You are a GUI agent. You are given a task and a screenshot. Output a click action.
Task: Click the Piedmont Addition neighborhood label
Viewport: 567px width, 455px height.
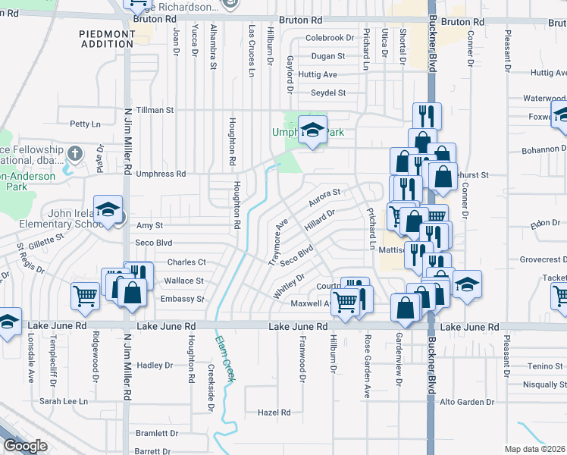pos(106,38)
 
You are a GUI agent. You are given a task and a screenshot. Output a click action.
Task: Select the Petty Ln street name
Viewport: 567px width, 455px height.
pos(85,124)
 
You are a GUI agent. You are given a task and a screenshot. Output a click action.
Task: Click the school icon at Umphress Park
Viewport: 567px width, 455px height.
pos(312,130)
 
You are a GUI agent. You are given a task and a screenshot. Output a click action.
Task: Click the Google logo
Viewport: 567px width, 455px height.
pos(26,446)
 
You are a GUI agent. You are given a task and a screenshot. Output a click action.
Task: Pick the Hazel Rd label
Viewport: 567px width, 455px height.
pos(274,413)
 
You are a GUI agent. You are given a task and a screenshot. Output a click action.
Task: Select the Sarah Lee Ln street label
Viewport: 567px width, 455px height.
pos(64,401)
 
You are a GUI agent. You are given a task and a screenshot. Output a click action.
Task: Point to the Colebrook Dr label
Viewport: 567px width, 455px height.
pos(330,37)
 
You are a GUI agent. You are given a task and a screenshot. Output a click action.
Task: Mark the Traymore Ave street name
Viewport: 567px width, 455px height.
pos(278,242)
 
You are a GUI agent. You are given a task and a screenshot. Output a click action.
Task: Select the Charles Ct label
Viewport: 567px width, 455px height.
pos(186,262)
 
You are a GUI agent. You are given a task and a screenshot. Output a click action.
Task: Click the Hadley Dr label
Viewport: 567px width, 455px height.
pos(155,365)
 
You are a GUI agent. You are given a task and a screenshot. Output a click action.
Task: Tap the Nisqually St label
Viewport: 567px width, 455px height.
pos(540,384)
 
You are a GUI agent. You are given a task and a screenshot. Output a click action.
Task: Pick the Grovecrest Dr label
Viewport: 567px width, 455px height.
pos(544,259)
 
